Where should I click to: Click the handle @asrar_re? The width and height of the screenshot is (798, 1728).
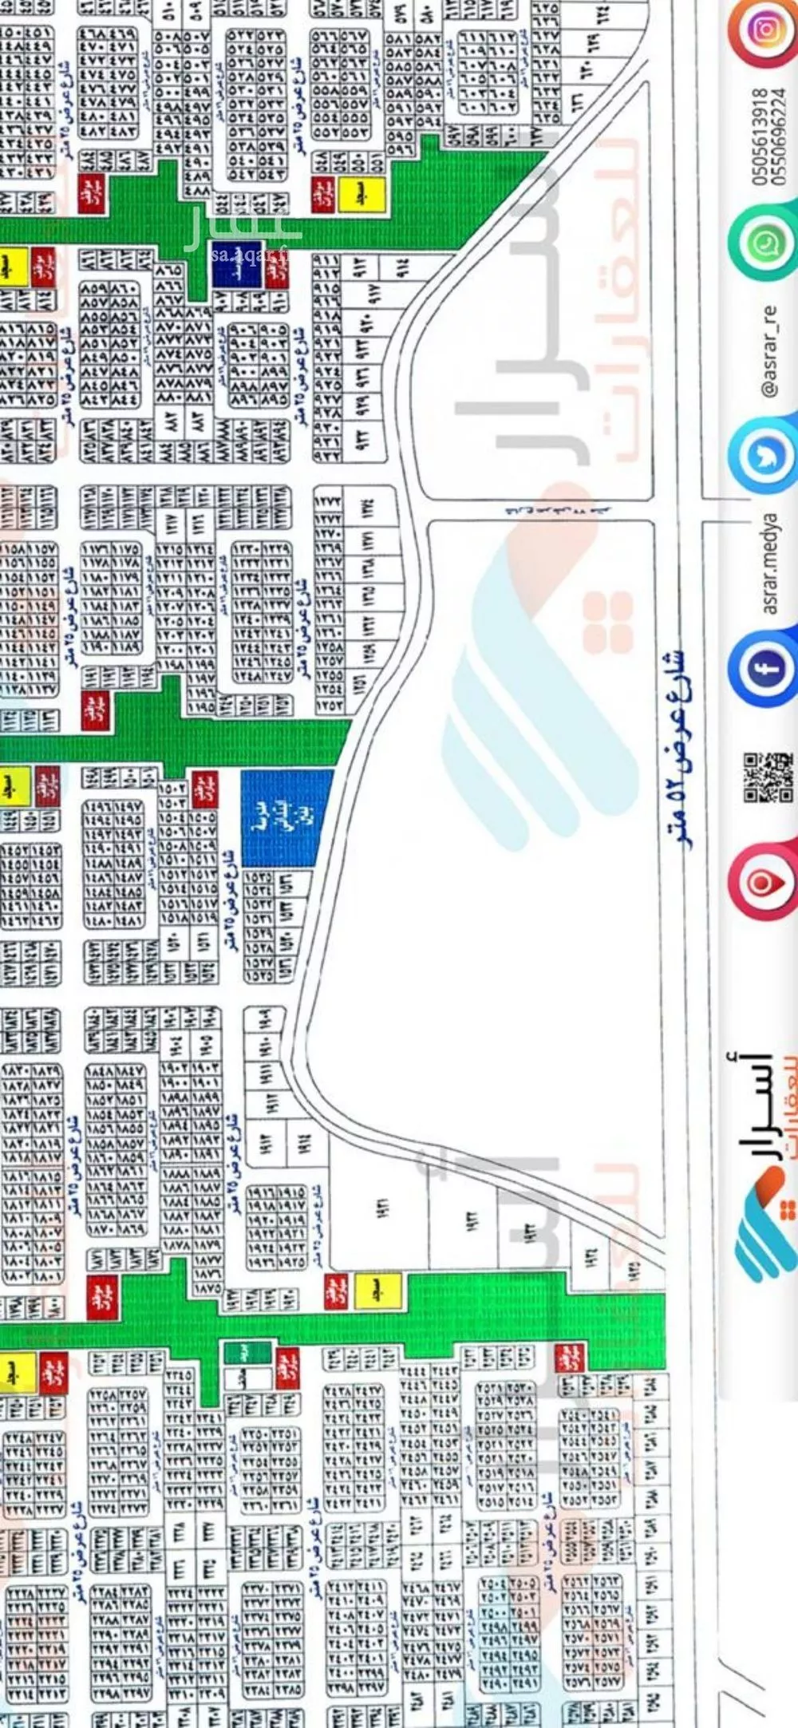coord(770,351)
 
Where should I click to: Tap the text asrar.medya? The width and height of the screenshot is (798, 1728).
coord(770,563)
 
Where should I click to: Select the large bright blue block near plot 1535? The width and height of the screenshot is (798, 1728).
coord(286,818)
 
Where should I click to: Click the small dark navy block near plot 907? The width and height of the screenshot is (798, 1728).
coord(237,264)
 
